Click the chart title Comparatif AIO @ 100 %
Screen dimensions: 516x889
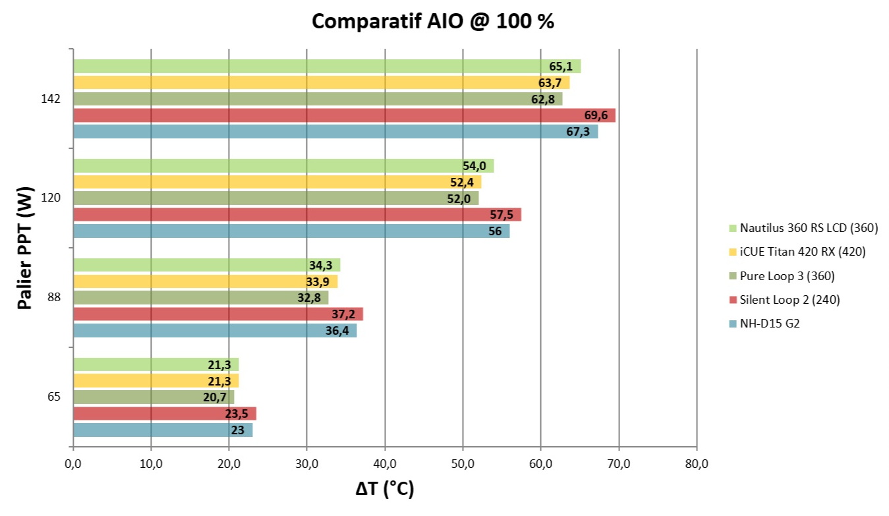(x=432, y=21)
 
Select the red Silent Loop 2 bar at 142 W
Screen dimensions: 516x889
(x=343, y=115)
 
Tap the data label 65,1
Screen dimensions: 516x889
(x=560, y=66)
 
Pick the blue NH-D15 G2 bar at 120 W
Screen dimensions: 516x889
(x=290, y=231)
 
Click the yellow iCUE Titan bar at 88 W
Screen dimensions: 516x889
(x=204, y=281)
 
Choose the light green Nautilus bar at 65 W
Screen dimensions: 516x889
(x=155, y=364)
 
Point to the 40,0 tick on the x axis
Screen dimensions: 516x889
(x=385, y=464)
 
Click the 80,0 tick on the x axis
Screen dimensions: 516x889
(x=697, y=464)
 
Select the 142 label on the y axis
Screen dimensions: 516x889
(x=50, y=99)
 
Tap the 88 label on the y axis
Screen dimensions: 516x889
(x=54, y=297)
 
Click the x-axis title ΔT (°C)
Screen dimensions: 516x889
(x=385, y=489)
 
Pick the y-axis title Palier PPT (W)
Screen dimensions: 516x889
(x=25, y=248)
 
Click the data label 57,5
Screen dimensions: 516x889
(x=502, y=215)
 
